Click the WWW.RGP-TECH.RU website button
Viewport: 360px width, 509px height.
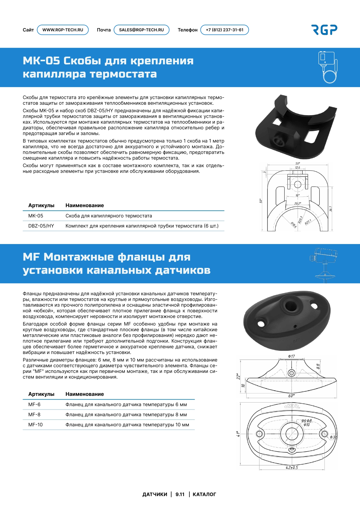click(63, 30)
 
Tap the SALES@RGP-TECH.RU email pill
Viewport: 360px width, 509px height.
click(141, 30)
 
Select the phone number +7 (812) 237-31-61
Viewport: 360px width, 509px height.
click(225, 30)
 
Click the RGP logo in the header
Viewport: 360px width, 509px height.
click(324, 30)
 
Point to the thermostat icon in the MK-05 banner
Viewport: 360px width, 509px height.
click(328, 67)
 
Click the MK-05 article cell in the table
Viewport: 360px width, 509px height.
click(36, 216)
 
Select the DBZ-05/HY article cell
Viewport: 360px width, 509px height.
click(41, 226)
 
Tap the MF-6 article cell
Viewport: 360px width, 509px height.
click(34, 405)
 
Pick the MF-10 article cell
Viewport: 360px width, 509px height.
click(35, 425)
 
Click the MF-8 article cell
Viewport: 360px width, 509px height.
click(34, 415)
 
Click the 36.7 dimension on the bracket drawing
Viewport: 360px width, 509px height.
click(330, 209)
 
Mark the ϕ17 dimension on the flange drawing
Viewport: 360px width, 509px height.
click(291, 356)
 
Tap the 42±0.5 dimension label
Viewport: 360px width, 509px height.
click(292, 468)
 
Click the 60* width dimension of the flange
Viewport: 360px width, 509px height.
click(291, 396)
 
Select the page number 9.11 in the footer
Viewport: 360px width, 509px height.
click(180, 494)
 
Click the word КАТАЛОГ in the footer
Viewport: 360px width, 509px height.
click(204, 494)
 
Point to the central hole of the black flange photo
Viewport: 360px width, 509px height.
click(290, 306)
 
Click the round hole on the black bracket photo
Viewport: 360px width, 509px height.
click(279, 142)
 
